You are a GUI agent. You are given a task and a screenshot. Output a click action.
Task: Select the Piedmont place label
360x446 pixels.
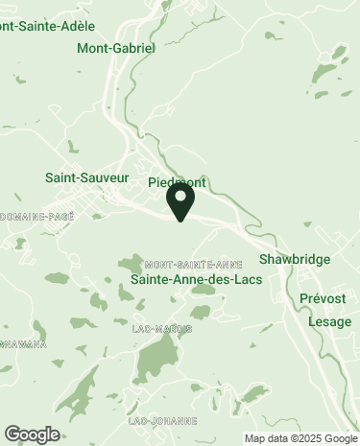point(178,182)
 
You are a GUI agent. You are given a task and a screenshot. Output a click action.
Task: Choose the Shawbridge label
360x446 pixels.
point(295,260)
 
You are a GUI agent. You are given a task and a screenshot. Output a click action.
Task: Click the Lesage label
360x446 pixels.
point(329,321)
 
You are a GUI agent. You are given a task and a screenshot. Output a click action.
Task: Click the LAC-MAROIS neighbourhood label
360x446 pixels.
point(163,328)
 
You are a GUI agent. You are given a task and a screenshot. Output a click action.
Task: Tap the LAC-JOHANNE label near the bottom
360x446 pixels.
point(162,421)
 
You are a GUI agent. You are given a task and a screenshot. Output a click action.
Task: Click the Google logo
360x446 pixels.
point(32,434)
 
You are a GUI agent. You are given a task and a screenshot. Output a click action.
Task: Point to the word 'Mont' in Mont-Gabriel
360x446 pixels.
point(92,47)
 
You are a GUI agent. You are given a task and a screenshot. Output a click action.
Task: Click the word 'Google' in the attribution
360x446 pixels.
point(339,439)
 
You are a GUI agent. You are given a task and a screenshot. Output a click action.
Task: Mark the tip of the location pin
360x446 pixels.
point(180,221)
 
